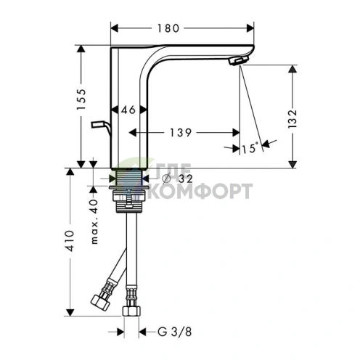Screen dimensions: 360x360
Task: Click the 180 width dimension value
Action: [168, 28]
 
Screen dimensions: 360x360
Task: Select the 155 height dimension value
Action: [81, 99]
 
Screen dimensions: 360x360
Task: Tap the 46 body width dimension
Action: [128, 110]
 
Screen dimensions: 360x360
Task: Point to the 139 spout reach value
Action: [181, 133]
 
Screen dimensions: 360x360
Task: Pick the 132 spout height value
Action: [292, 119]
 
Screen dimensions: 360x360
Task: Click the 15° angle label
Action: [250, 148]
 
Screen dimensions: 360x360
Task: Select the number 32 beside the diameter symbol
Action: [186, 179]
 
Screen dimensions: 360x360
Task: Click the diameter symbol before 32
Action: [167, 179]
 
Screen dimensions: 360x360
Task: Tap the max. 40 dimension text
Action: [94, 221]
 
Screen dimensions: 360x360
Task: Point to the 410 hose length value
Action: [70, 241]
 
